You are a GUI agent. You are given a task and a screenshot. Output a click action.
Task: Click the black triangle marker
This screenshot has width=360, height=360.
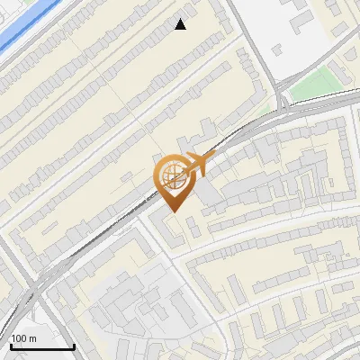click(x=181, y=24)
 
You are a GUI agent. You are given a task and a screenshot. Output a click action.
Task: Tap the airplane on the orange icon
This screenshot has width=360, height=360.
click(x=195, y=165)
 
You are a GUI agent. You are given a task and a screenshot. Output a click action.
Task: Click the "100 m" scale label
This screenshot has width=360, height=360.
click(x=23, y=338)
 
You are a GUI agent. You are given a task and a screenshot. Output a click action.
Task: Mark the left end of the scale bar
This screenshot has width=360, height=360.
click(x=12, y=346)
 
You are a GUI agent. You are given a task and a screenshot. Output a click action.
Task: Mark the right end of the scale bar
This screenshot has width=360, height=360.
click(x=74, y=346)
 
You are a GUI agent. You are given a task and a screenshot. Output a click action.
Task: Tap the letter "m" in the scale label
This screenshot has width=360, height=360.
click(x=31, y=338)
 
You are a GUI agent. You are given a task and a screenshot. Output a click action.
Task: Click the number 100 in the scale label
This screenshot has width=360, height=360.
click(x=19, y=338)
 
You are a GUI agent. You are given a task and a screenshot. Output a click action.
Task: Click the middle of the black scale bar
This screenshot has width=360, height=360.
click(x=43, y=346)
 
